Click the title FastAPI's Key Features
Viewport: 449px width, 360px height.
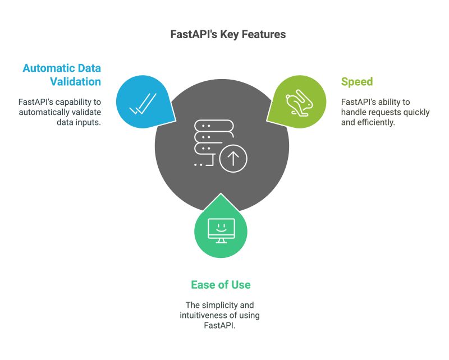click(x=228, y=35)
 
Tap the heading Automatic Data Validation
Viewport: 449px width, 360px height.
click(x=62, y=75)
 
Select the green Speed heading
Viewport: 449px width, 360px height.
click(x=357, y=82)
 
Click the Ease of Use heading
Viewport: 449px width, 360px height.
click(x=221, y=285)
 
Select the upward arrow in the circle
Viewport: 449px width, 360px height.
click(x=233, y=160)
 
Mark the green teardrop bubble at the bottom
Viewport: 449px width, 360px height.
click(x=221, y=229)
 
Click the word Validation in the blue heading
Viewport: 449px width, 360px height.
click(x=75, y=82)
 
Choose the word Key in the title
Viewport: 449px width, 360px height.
click(x=231, y=35)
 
